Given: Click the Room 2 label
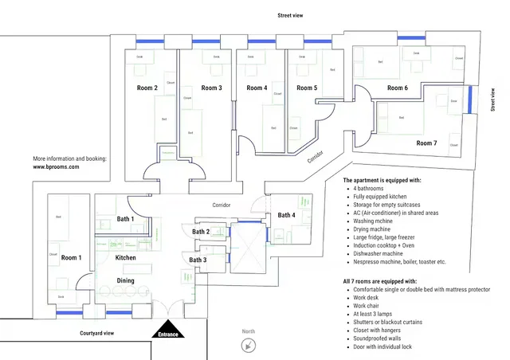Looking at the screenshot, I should (x=145, y=88).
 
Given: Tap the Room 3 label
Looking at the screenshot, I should (x=211, y=88).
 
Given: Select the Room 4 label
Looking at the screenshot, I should (x=257, y=88).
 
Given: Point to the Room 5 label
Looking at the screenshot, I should (x=307, y=88).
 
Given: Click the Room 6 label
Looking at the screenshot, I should (x=398, y=88).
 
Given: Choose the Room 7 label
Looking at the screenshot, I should (x=426, y=143).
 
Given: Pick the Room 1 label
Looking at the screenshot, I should (x=71, y=257).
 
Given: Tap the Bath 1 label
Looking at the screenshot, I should (x=125, y=218).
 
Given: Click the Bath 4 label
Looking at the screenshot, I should (x=286, y=215).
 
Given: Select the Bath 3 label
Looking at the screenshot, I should (x=198, y=260).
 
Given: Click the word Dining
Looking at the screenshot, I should (x=126, y=280).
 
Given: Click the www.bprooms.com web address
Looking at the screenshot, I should (x=61, y=167).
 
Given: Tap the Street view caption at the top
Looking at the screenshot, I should (x=291, y=15).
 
